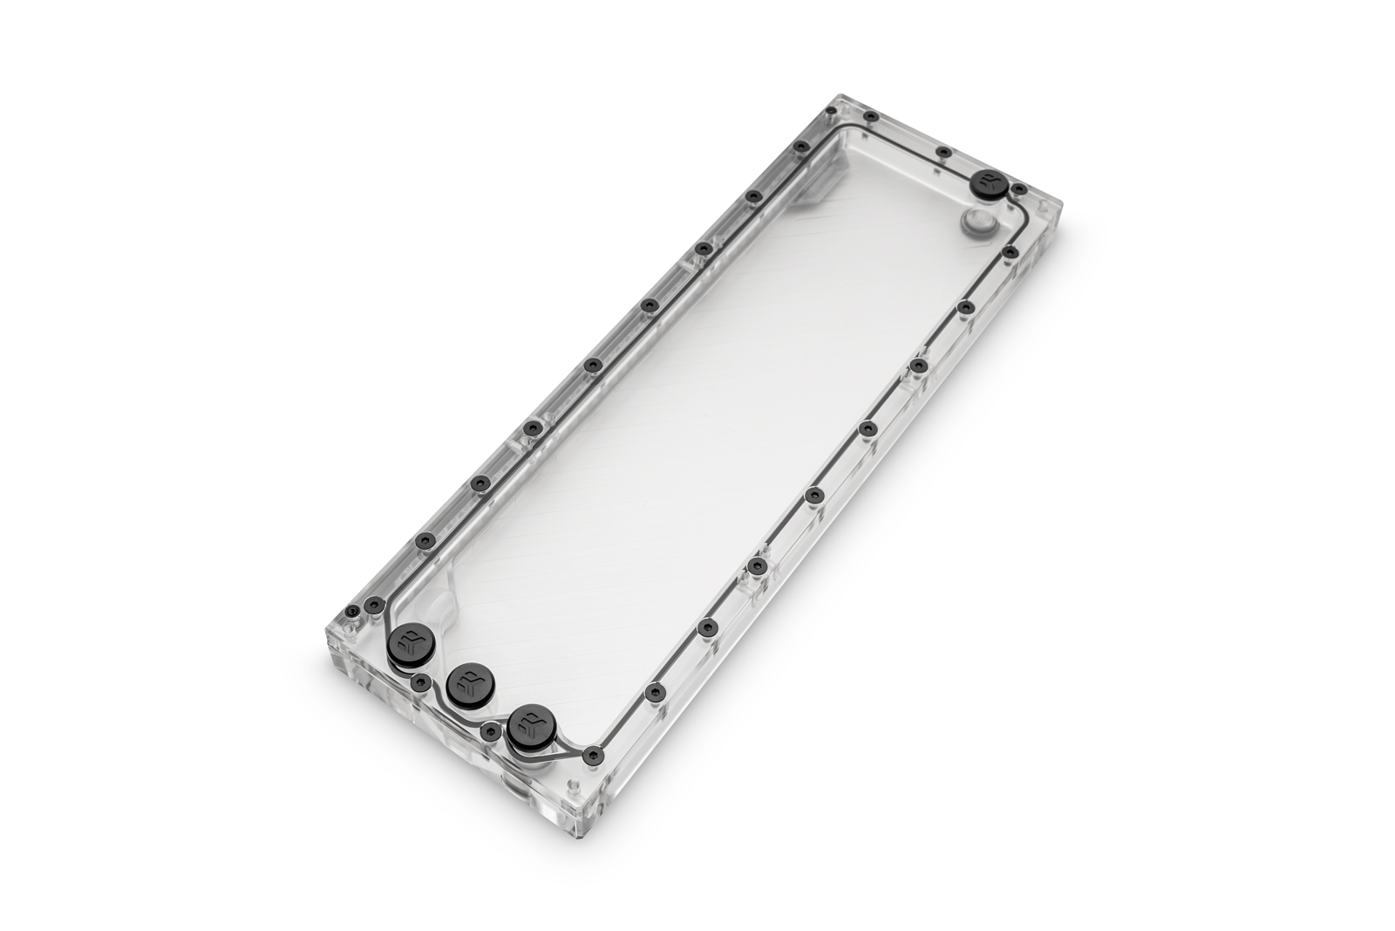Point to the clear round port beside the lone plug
[x=977, y=222]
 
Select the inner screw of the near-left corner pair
[x=376, y=603]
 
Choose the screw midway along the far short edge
[x=943, y=154]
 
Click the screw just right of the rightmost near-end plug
[x=595, y=752]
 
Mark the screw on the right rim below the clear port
[x=1010, y=252]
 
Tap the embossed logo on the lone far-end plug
[x=989, y=182]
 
